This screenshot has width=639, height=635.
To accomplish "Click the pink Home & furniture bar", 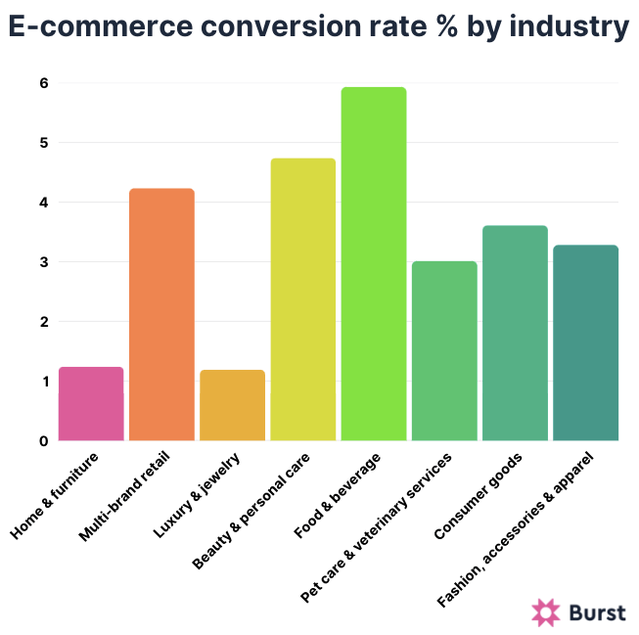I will click(x=91, y=404).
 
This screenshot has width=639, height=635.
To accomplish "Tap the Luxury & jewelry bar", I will click(x=232, y=405).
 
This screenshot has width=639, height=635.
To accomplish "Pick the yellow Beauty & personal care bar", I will click(x=302, y=299).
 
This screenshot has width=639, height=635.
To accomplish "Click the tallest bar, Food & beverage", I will click(x=373, y=264).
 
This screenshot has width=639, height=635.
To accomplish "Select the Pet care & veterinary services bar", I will click(x=443, y=351).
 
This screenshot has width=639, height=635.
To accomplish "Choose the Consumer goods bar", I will click(x=515, y=333).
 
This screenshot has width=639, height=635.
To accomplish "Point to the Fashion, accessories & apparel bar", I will click(x=585, y=342).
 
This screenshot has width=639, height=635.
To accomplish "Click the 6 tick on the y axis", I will click(x=44, y=83).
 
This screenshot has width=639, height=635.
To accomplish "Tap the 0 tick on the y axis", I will click(x=44, y=440).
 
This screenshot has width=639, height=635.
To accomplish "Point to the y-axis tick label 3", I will click(x=44, y=262).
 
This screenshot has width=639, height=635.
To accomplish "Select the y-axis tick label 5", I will click(x=44, y=143).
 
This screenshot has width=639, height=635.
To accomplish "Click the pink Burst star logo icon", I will click(x=545, y=612).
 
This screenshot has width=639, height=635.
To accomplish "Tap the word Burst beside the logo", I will click(x=596, y=612).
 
